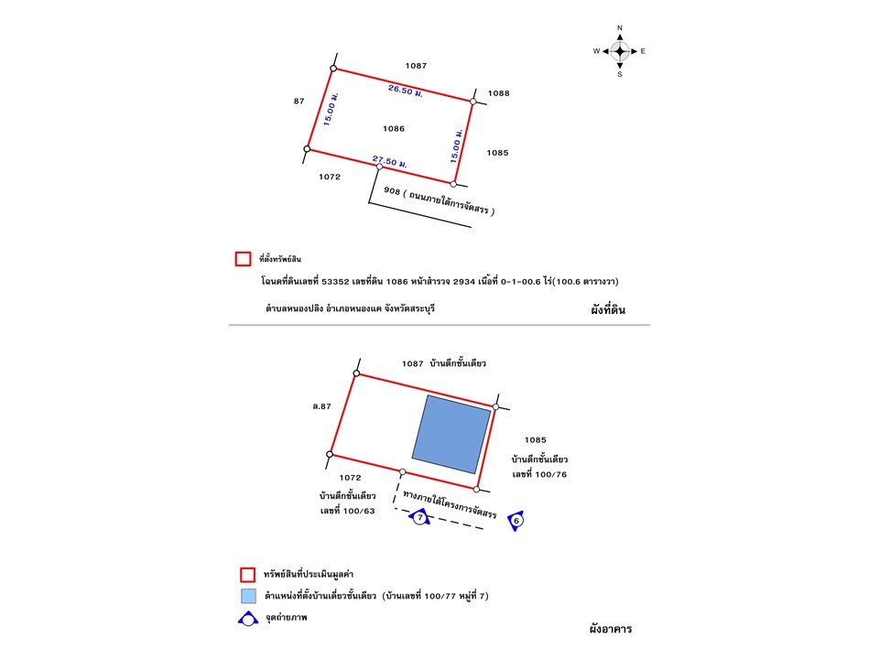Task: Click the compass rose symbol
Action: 620,51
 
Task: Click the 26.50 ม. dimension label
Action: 404,90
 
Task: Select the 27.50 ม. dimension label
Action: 389,161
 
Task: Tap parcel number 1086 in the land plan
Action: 394,129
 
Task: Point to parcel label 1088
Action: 499,93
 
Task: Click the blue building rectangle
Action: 451,434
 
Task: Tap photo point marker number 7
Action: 419,518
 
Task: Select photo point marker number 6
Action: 516,521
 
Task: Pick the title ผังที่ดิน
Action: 608,310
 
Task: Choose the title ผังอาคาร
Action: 611,630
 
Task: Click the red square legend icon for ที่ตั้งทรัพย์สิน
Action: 244,259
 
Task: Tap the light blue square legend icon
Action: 247,596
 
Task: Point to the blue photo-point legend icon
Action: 247,619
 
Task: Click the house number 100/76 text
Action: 540,473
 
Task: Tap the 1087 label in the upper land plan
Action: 417,66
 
